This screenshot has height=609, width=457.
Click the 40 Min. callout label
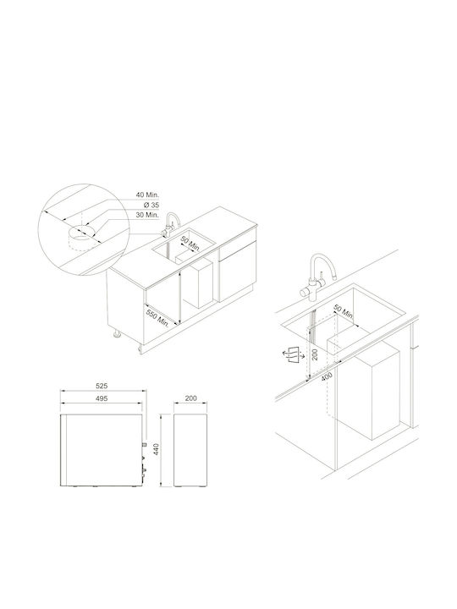147,195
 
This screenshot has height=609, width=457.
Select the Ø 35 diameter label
151,205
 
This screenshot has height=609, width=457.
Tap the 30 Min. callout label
147,215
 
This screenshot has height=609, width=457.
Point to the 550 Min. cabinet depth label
157,318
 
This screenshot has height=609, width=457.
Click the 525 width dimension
102,386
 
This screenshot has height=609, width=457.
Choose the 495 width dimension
102,398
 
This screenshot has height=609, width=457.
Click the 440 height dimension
157,450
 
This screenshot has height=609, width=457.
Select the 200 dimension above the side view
190,398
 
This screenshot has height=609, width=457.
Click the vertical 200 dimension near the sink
315,354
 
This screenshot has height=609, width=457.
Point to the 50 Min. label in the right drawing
344,313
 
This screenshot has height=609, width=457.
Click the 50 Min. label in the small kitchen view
190,244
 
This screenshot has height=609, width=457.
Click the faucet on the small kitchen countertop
171,224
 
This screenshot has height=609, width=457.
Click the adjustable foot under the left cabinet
117,334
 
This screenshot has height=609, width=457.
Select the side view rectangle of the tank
190,450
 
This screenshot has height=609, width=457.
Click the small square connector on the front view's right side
145,444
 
